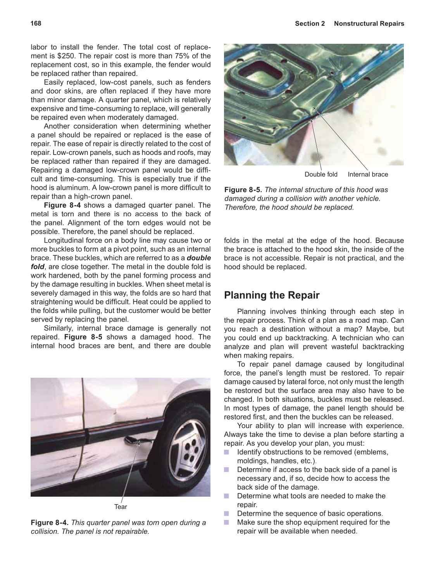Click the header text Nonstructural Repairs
369,24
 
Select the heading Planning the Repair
272,295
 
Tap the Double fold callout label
321,174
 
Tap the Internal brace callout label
368,174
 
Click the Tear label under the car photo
121,507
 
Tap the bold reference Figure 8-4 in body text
63,205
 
